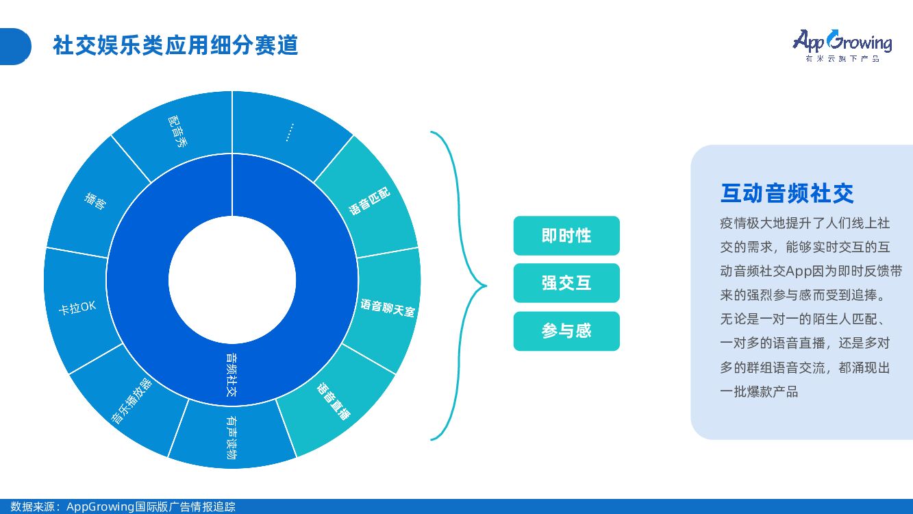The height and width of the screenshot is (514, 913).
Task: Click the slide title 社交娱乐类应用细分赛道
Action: pyautogui.click(x=175, y=46)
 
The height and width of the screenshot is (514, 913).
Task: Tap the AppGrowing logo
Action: pyautogui.click(x=842, y=45)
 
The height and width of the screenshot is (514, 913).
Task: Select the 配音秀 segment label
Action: pyautogui.click(x=177, y=131)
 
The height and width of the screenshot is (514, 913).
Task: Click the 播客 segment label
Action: pyautogui.click(x=95, y=200)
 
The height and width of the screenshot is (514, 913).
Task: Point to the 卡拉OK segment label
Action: pyautogui.click(x=77, y=308)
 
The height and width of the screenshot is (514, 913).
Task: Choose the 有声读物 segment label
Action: pyautogui.click(x=232, y=439)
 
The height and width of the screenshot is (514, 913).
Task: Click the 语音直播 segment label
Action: pyautogui.click(x=334, y=402)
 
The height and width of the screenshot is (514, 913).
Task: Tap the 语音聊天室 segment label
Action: pyautogui.click(x=388, y=307)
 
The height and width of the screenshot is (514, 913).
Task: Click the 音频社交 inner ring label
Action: pyautogui.click(x=232, y=376)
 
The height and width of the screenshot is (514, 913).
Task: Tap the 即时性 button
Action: pyautogui.click(x=566, y=236)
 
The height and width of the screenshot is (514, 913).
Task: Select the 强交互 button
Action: pyautogui.click(x=566, y=283)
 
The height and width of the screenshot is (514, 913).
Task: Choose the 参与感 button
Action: pyautogui.click(x=566, y=331)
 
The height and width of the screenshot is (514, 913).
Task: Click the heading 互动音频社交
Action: pyautogui.click(x=787, y=193)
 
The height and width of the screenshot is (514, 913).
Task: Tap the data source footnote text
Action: pyautogui.click(x=123, y=506)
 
